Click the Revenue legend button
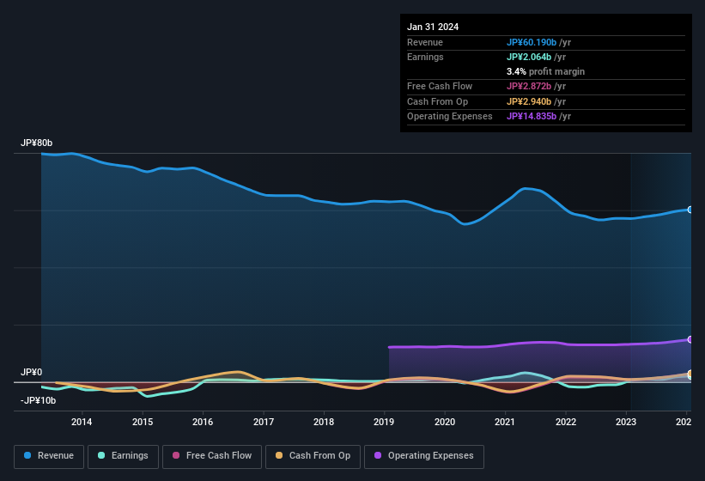(49, 456)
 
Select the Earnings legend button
(123, 456)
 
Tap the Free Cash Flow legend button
(211, 456)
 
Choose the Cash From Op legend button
(312, 456)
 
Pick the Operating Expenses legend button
(424, 456)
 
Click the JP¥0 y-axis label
(32, 372)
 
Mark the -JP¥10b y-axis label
(38, 400)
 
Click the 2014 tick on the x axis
(82, 422)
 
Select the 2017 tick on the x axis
(264, 422)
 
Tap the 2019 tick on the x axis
(384, 422)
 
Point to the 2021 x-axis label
(505, 422)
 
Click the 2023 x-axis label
(627, 422)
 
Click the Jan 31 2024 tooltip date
(433, 27)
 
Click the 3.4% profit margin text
(545, 71)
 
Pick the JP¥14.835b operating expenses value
(538, 116)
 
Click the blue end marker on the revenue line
(690, 210)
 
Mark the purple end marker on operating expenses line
(690, 340)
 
